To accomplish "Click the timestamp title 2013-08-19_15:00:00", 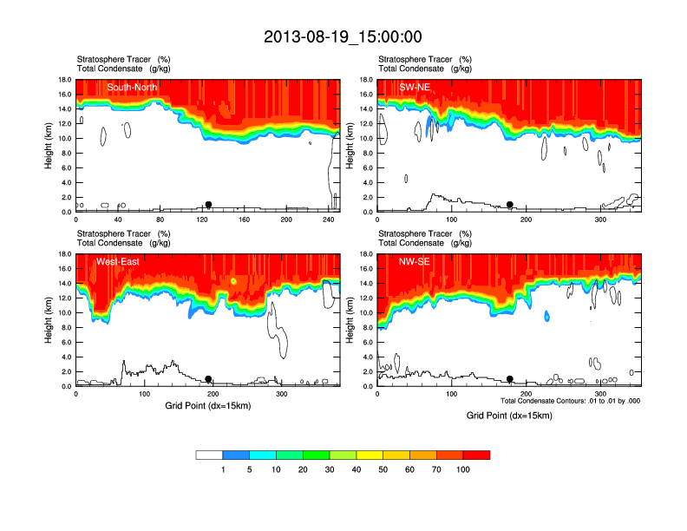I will coord(343,36).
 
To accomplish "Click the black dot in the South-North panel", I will coord(208,205).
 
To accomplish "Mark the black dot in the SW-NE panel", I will coord(510,205).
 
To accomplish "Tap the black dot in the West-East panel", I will coord(208,379).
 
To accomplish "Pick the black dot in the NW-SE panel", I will coord(510,379).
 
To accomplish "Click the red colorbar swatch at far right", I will coord(476,455).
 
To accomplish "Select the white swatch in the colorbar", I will coord(209,455).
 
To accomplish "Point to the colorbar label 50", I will coord(383,469).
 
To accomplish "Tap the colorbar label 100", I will coord(463,469).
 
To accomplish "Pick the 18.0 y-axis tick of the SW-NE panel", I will coord(368,80).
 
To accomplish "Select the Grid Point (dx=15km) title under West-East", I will coord(206,405).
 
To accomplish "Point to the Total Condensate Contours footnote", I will coord(570,400).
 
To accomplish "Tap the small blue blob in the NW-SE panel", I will coord(546,316).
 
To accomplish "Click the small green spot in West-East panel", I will coord(234,282).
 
